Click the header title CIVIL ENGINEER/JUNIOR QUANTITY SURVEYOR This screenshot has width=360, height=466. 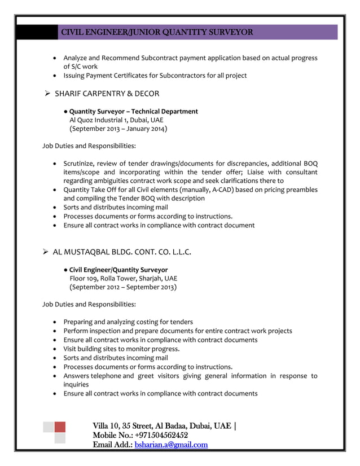click(x=157, y=32)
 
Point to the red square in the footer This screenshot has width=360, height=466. click(x=59, y=427)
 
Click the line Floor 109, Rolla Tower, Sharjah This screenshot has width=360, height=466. click(x=123, y=278)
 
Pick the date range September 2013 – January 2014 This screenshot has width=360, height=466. click(x=118, y=129)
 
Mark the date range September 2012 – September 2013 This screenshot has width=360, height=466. click(x=122, y=287)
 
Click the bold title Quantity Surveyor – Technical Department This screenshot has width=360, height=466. click(x=133, y=111)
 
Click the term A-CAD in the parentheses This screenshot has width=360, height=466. click(x=220, y=190)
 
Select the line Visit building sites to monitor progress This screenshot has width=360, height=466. click(x=121, y=349)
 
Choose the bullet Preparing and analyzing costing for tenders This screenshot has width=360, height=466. click(x=128, y=322)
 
